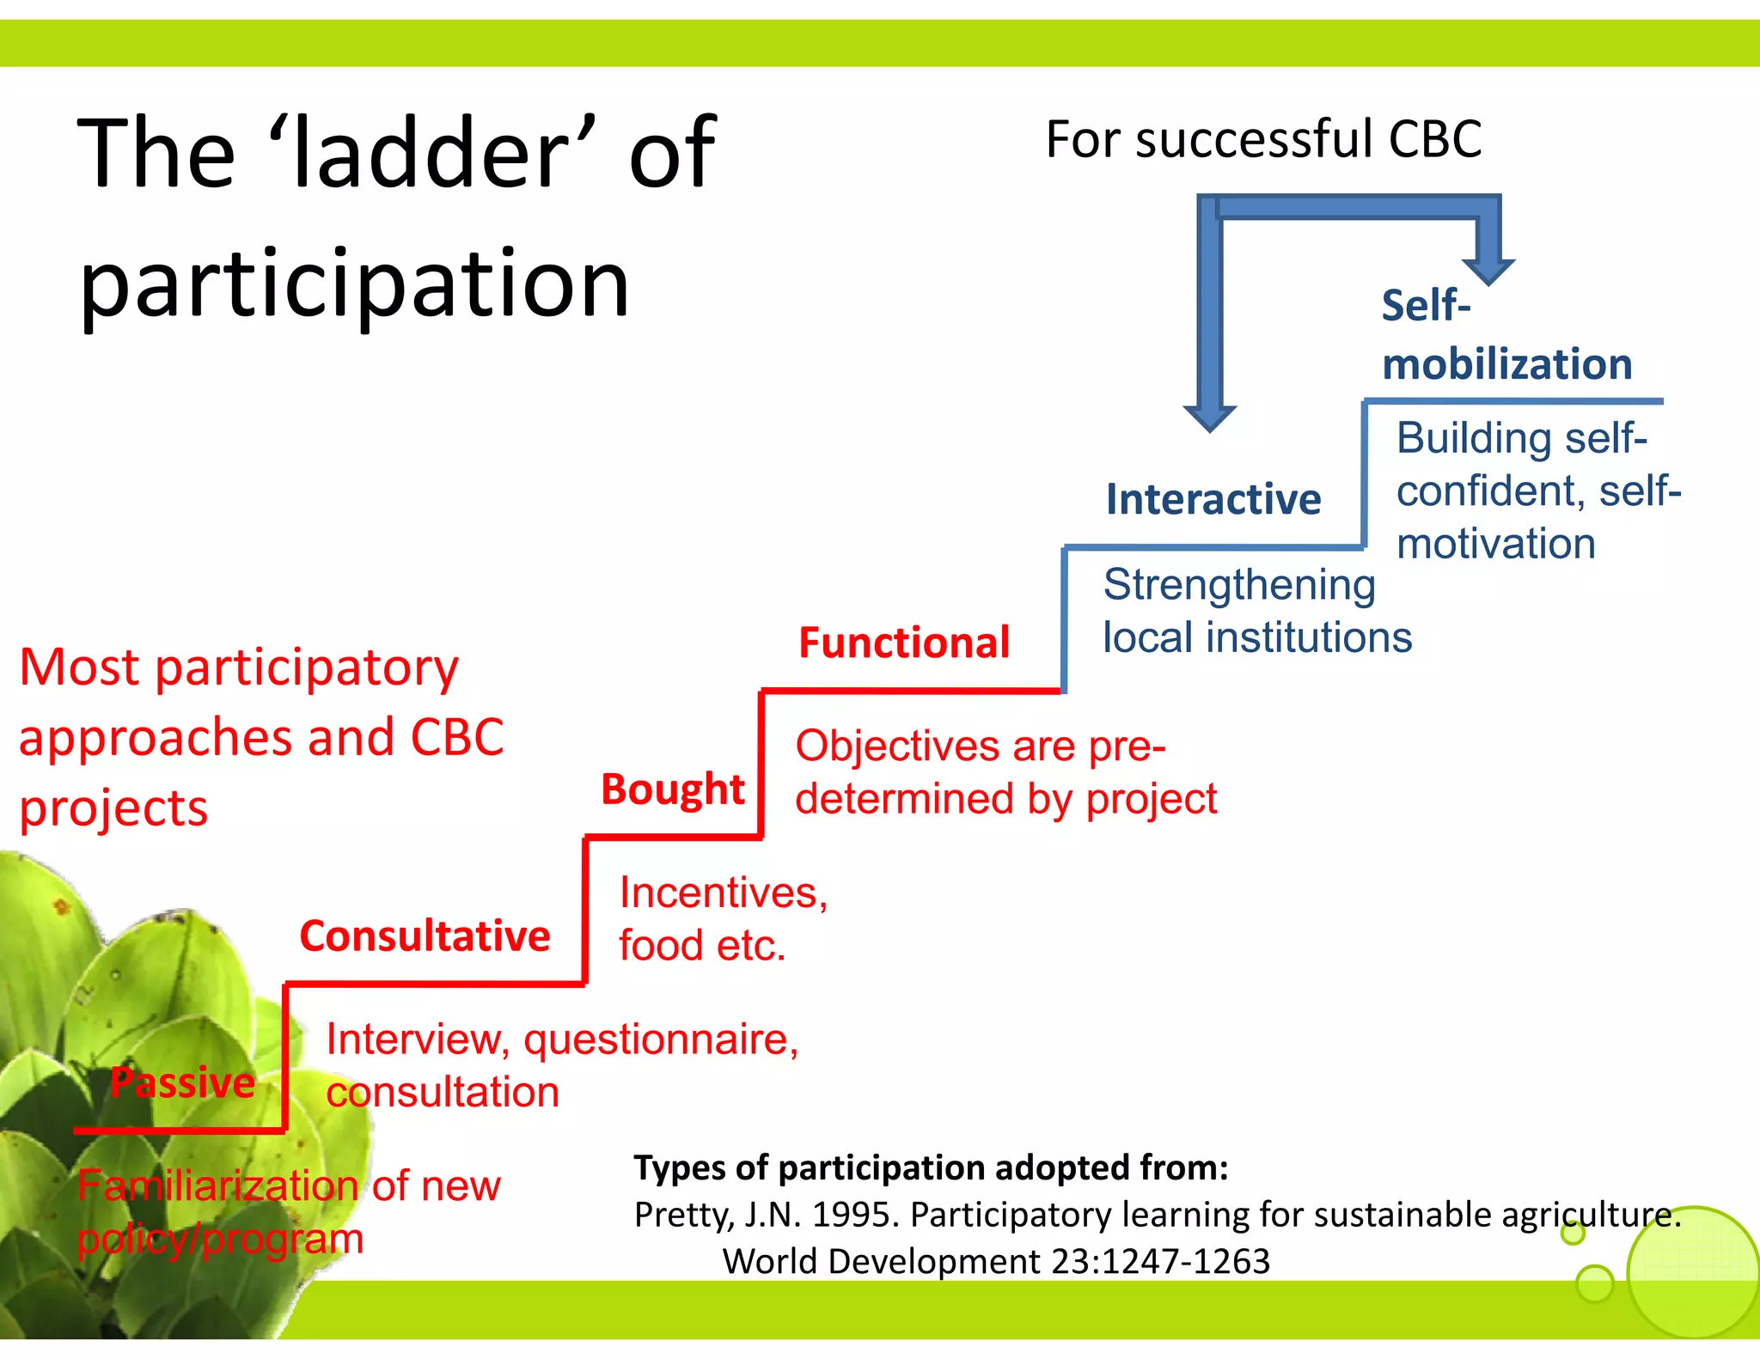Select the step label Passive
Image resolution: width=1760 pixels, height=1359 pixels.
[182, 1082]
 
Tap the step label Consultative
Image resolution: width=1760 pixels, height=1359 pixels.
[425, 936]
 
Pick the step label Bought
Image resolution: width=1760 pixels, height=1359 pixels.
[672, 789]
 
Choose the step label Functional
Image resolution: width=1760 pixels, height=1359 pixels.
[904, 643]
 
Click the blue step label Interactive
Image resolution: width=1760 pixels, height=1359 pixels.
[1213, 499]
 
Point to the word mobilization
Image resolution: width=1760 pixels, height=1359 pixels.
[1506, 364]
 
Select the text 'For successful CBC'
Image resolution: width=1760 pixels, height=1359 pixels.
[1263, 139]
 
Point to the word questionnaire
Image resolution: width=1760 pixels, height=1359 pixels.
[660, 1040]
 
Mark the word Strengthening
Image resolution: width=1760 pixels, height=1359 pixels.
[1238, 585]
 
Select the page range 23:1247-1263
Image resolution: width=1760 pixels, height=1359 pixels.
[1160, 1261]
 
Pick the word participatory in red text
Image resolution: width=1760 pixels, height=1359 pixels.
[306, 668]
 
